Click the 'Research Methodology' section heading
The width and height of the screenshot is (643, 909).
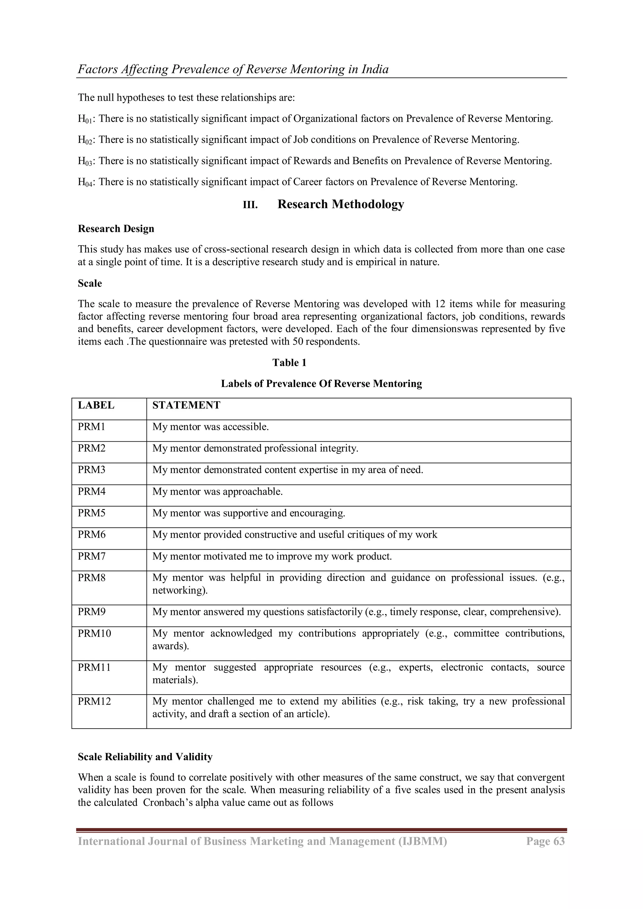[341, 204]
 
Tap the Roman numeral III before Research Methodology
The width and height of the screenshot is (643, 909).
[250, 205]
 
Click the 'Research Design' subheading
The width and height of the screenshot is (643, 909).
[116, 229]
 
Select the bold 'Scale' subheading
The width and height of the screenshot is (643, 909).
[90, 283]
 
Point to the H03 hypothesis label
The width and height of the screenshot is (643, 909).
[85, 161]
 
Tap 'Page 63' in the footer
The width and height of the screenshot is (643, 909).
[545, 841]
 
